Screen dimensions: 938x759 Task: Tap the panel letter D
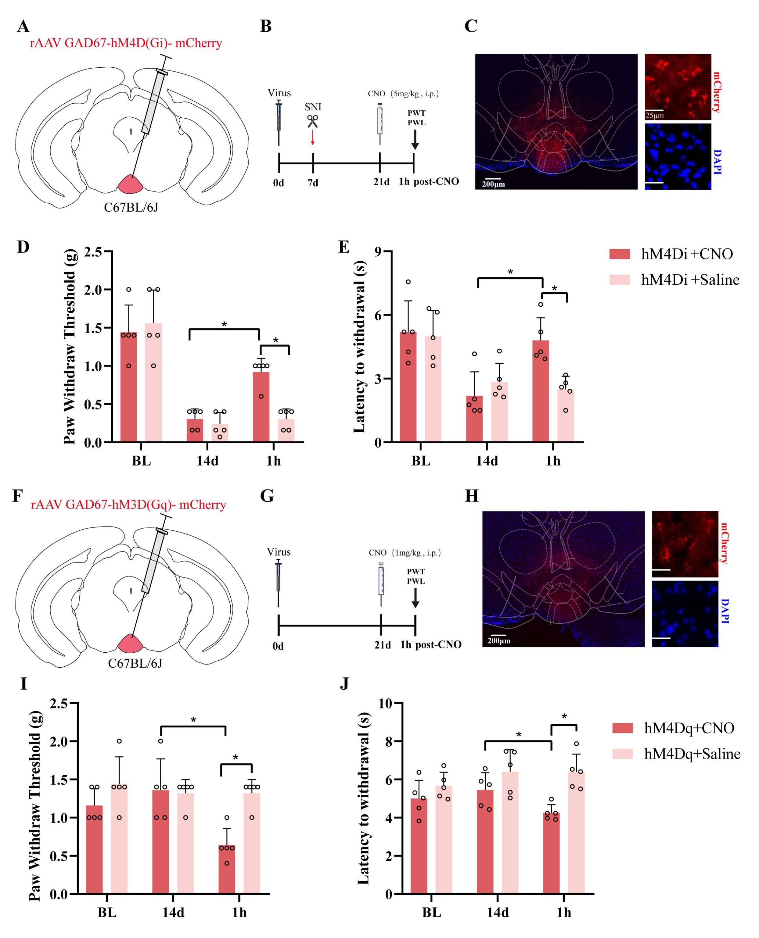23,247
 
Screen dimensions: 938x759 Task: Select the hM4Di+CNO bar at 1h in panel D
261,406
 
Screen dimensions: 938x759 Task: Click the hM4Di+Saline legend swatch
620,280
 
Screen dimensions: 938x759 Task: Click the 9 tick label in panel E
378,252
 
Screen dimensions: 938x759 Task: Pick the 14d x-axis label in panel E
487,461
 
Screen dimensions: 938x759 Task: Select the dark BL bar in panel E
408,387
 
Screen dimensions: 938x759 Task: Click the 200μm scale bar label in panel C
493,184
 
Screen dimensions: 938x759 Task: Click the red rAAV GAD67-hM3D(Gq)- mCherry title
128,505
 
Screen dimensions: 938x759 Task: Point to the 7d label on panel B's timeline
313,183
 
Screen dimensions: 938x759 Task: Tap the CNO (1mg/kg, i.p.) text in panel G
405,553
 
